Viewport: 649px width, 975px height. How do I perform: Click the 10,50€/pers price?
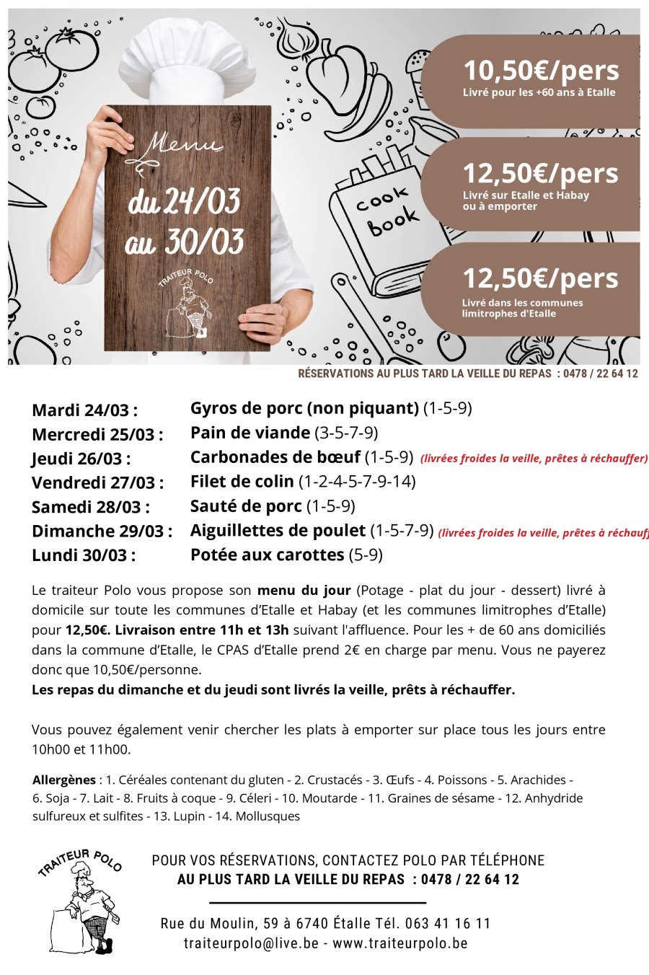coord(541,71)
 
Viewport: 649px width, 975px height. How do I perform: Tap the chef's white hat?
coord(189,58)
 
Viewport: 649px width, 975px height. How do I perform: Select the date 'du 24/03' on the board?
coord(185,202)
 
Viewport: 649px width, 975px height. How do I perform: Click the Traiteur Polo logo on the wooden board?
coord(186,303)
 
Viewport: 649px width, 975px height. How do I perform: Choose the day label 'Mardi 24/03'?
coord(84,410)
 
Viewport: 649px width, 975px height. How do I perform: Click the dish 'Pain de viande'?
coord(250,433)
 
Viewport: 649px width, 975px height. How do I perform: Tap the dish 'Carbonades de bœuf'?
coord(275,457)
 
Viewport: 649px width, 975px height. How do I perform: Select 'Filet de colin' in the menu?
coord(242,482)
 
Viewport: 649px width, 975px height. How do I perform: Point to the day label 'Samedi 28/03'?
coord(91,507)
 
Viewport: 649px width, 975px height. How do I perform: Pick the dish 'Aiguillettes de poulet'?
coord(278,531)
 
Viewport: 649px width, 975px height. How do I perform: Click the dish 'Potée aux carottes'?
coord(267,555)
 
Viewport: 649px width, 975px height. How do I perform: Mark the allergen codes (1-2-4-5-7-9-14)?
coord(357,482)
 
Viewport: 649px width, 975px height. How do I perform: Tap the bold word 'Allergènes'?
coord(64,780)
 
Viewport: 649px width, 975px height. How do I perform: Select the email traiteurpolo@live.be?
coord(250,943)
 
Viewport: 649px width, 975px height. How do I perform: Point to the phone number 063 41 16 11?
coord(447,924)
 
